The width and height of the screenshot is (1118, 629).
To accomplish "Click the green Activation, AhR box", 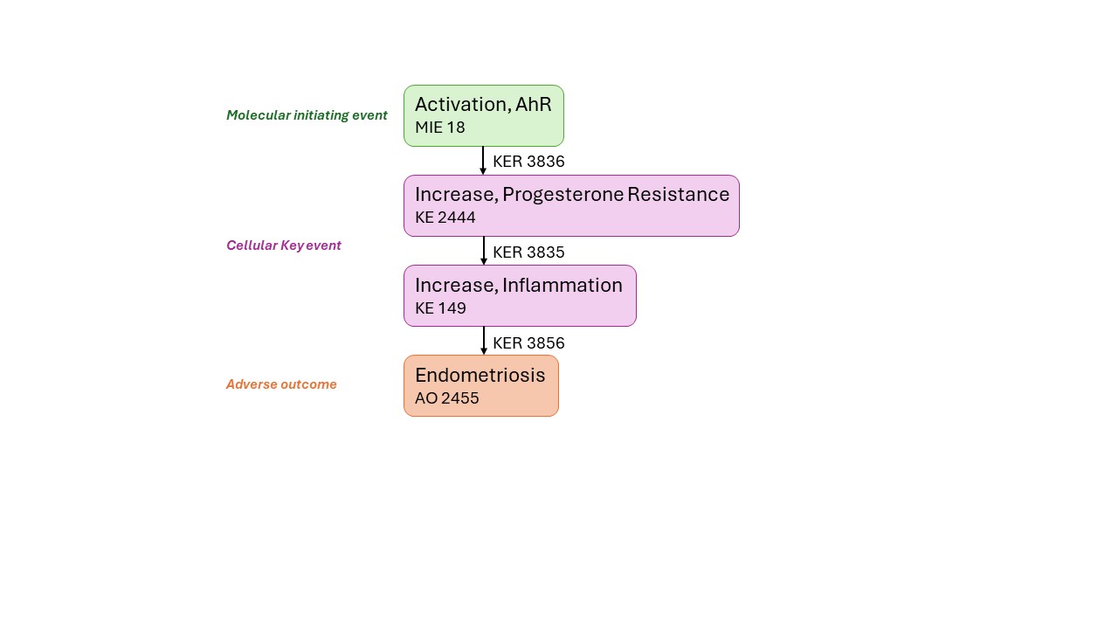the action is coord(484,116).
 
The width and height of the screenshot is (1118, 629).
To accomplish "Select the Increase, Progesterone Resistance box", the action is coord(571,205).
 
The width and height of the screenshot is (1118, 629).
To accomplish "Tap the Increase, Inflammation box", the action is coord(520,296).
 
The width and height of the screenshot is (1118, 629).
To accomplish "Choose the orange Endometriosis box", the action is coord(481,386).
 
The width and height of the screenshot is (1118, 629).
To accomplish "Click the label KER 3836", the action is coord(528,162).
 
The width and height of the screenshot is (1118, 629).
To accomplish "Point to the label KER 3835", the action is coord(528,252).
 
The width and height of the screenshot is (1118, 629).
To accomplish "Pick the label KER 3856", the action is coord(528,343).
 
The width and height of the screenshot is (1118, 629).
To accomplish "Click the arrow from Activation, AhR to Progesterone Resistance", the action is coord(483,161).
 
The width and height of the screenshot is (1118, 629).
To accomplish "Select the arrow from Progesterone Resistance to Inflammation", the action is coord(483,251).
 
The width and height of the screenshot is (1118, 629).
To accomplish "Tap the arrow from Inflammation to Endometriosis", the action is coord(483,341).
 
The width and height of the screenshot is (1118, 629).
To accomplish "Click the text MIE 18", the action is coord(439,128).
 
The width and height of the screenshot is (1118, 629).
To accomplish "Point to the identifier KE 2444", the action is coord(445,218).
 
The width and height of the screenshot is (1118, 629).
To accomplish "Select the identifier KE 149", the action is coord(440,308).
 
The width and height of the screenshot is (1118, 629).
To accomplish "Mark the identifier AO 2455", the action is coord(446,398).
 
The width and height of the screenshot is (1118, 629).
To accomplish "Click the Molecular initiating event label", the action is coord(307,115).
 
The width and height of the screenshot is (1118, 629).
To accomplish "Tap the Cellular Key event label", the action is coord(284,245).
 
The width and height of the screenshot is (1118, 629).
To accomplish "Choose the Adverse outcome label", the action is coord(281,384).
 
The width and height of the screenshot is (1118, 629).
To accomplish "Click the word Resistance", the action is coord(679,194).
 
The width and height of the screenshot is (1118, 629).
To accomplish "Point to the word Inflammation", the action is coord(562,285).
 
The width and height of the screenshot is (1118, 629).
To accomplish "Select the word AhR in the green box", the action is coord(533,104).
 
